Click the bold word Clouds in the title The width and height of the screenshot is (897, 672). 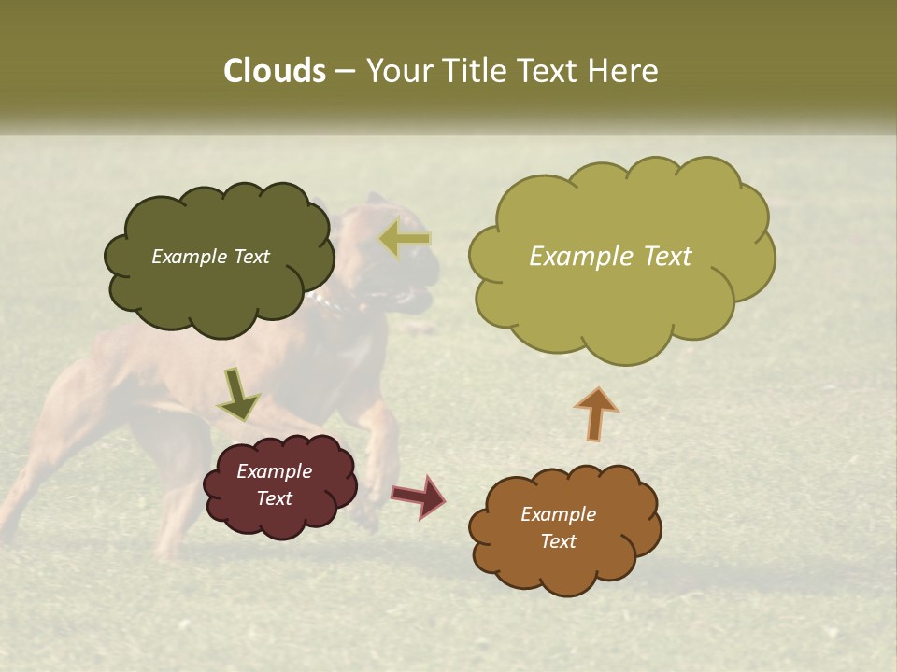coord(274,71)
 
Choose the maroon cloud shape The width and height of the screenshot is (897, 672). coord(279,518)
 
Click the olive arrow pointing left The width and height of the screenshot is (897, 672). coord(405,240)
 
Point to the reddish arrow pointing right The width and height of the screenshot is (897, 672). coord(420,496)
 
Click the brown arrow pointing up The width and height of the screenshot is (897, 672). coord(596,413)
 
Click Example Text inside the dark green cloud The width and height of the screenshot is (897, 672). coord(210,257)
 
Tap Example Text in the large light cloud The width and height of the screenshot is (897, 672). coord(610,257)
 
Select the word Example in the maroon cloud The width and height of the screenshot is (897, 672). coord(274,471)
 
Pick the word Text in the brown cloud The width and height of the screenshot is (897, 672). coord(558,541)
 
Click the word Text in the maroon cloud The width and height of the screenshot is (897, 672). coord(274,498)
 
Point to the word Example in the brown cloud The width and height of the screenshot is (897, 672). coord(558,514)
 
